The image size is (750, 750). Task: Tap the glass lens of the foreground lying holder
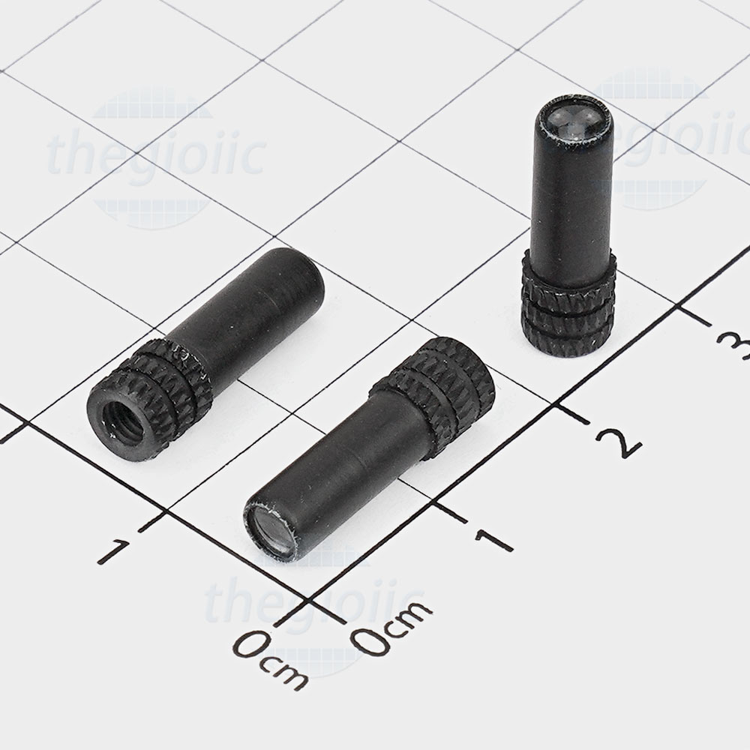[271, 532]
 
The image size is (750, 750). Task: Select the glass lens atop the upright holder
[573, 119]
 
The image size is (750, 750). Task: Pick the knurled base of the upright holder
[568, 306]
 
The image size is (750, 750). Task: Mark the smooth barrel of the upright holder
[572, 191]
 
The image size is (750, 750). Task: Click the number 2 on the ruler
[618, 442]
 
